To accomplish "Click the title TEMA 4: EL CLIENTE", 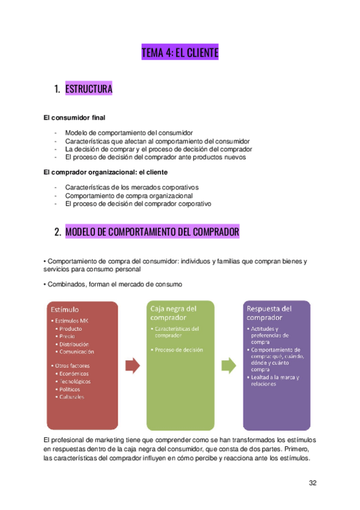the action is pos(180,54).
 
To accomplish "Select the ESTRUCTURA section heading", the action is pos(88,90).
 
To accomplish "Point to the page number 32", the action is pos(313,482).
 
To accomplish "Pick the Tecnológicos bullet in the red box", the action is pos(75,381).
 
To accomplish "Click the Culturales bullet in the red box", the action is pos(72,396).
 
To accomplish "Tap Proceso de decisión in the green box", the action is pos(178,350).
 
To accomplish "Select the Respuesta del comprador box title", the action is pos(269,313).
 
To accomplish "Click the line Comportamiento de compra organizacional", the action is pos(129,195).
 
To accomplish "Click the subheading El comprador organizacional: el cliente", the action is pos(105,173).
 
